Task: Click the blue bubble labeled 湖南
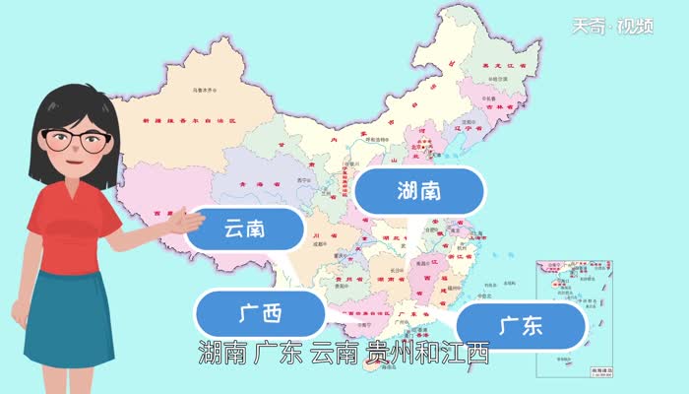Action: click(x=419, y=190)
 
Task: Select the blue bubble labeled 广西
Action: click(x=260, y=314)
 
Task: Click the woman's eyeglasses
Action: click(x=72, y=140)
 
